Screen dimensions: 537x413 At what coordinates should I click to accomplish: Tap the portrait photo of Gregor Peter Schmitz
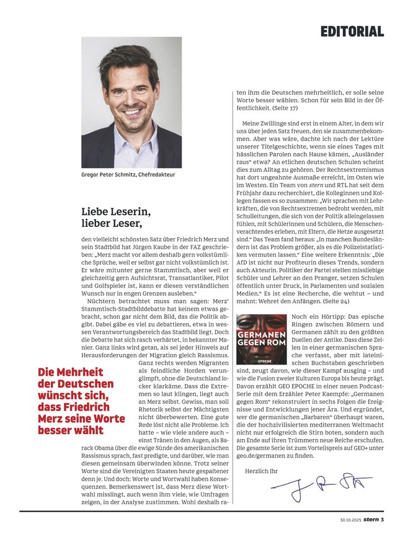pos(131,102)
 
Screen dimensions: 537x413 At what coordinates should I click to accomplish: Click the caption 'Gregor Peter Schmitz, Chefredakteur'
pos(128,175)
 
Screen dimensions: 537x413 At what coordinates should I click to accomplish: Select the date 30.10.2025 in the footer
pos(352,519)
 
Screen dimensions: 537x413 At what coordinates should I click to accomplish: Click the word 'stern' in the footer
pos(372,519)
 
